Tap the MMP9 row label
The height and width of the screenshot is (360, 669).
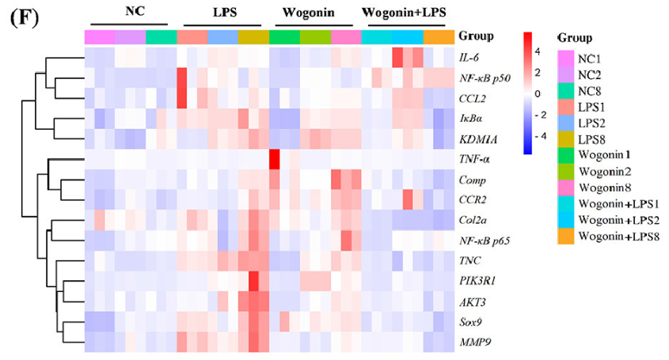[x=474, y=343]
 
